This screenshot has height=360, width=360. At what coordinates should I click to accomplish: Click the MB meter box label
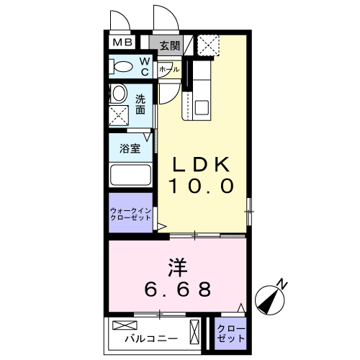point(122,42)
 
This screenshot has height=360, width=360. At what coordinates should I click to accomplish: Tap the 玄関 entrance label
point(170,45)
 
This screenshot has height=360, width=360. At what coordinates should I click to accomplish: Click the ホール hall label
point(169,70)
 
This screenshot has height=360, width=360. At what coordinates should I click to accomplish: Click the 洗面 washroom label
point(140,104)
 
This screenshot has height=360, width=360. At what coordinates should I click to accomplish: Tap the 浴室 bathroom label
point(130,148)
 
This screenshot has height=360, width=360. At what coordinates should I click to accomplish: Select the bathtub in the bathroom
point(130,175)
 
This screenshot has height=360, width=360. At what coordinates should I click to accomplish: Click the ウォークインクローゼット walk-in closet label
point(130,214)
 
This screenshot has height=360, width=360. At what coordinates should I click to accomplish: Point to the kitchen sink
point(202,107)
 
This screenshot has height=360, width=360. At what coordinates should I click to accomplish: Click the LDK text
point(201,164)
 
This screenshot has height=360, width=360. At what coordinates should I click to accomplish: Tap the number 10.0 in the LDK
point(201,186)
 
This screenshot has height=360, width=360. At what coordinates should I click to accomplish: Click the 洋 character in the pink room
point(178,267)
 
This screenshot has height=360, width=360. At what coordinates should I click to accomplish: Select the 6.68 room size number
point(178,289)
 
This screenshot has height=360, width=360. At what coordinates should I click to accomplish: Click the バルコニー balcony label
point(151,338)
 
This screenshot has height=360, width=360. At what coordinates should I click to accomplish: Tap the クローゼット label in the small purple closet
point(231,333)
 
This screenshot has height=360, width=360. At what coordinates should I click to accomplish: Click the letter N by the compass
point(282,284)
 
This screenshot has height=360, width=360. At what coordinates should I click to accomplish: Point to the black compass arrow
point(269,300)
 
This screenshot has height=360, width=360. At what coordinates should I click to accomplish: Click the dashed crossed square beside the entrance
point(208,45)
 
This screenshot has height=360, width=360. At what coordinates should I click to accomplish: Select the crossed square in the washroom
point(119,116)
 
